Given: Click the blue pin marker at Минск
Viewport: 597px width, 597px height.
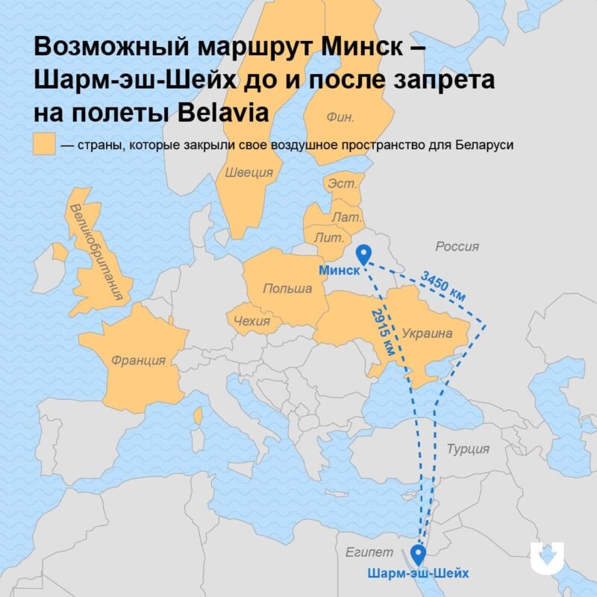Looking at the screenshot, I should [364, 254].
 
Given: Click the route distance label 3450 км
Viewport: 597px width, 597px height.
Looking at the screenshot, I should [443, 285].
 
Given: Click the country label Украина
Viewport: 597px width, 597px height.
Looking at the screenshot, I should [427, 334].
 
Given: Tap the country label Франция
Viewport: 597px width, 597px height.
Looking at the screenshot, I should [138, 360].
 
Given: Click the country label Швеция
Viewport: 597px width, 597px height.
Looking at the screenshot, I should [249, 172].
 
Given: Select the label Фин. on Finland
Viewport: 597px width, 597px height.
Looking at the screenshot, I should [340, 116].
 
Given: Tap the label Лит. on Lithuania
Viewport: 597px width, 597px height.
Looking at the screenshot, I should [329, 236].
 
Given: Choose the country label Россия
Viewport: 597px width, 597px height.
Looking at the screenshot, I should [457, 246].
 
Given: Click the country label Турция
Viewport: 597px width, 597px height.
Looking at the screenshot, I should [468, 448].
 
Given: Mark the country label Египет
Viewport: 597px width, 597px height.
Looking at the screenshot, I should [369, 552].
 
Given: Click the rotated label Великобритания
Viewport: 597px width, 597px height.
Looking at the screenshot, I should [95, 251].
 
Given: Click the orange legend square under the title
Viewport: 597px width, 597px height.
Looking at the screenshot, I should [44, 144].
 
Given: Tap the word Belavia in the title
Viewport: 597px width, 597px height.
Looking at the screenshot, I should [225, 110].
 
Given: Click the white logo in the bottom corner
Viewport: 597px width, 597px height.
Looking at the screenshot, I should [548, 557].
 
